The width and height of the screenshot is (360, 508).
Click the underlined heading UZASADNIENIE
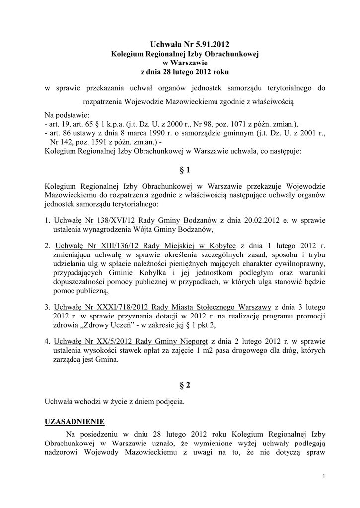[74, 422]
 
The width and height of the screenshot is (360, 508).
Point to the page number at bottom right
[323, 477]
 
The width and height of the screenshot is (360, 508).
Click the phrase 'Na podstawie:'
[67, 115]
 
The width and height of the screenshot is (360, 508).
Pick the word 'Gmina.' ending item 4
[108, 360]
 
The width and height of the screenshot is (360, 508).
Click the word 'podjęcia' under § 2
[170, 402]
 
